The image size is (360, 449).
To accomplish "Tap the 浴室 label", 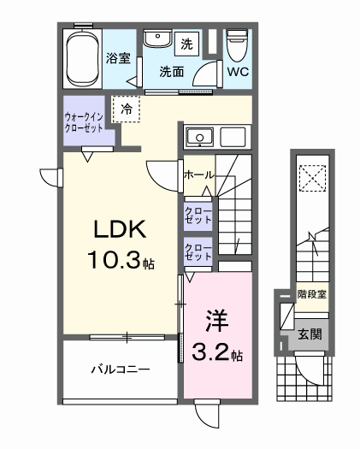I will [118, 59].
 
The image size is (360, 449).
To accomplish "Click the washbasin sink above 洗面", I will [155, 40].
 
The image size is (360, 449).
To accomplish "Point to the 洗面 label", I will [171, 72].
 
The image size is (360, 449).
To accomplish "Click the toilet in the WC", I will [236, 43].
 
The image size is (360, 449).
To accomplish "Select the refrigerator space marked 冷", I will [126, 109].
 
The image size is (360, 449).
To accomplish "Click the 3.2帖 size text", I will [217, 352].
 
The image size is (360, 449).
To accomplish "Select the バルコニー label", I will [121, 370].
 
